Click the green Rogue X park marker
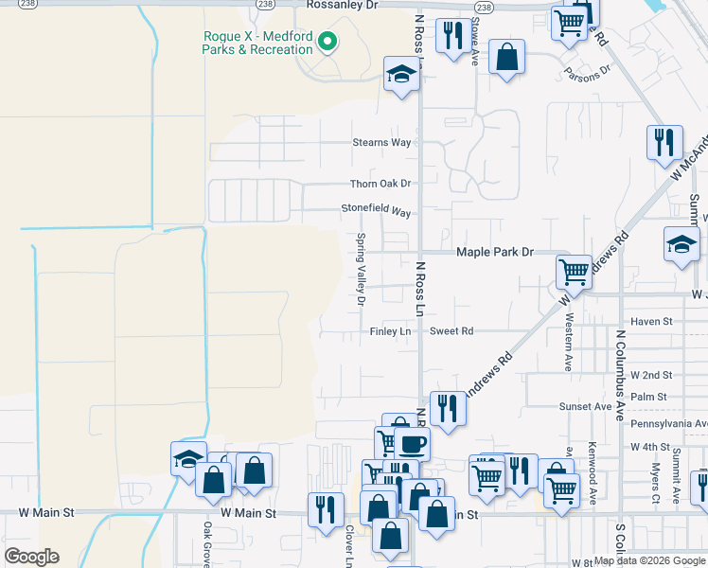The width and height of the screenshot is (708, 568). point(327,42)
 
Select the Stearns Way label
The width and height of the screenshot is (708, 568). point(381,143)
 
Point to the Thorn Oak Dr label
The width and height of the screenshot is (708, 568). point(381,184)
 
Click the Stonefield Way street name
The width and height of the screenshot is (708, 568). point(376,210)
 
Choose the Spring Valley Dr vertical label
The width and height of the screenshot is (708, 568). point(361,270)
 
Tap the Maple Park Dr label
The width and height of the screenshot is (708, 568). point(495,253)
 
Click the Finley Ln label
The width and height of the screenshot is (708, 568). point(390,331)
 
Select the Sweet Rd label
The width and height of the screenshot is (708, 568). point(451,331)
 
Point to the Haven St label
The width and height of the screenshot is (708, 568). point(651,322)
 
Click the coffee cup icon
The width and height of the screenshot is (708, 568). point(411,443)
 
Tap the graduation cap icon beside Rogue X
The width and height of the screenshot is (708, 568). point(401,74)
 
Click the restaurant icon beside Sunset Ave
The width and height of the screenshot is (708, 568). point(448,407)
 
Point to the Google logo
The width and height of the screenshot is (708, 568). point(31,557)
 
